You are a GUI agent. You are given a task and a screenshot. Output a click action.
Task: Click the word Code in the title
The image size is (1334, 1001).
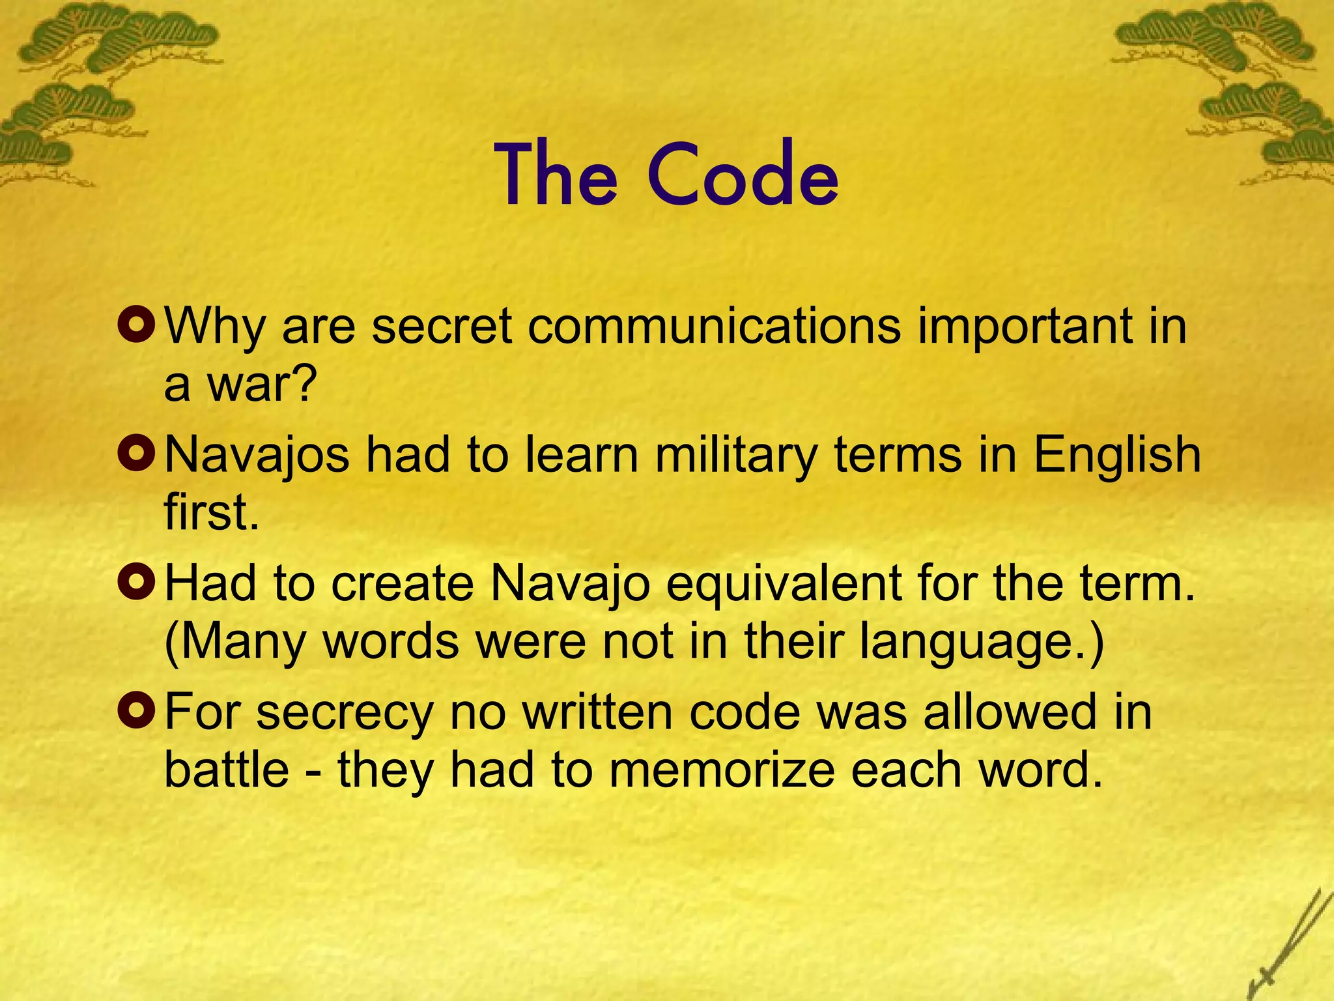[743, 175]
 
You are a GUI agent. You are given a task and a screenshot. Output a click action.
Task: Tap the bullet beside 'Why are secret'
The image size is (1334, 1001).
[136, 325]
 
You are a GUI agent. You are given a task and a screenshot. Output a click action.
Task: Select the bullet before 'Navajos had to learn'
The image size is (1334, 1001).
[136, 454]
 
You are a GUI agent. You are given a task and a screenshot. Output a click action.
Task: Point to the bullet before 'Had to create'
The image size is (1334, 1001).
[136, 583]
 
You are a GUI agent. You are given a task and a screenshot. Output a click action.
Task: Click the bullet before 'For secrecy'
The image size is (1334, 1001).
[136, 711]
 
